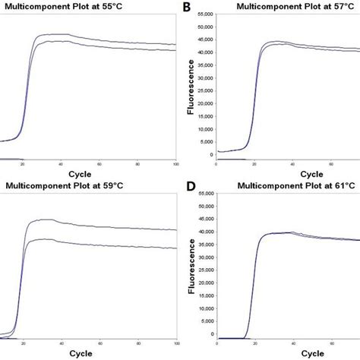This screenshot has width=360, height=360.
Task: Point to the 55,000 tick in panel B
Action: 204,14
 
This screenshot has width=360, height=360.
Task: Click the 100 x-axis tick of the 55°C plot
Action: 175,164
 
